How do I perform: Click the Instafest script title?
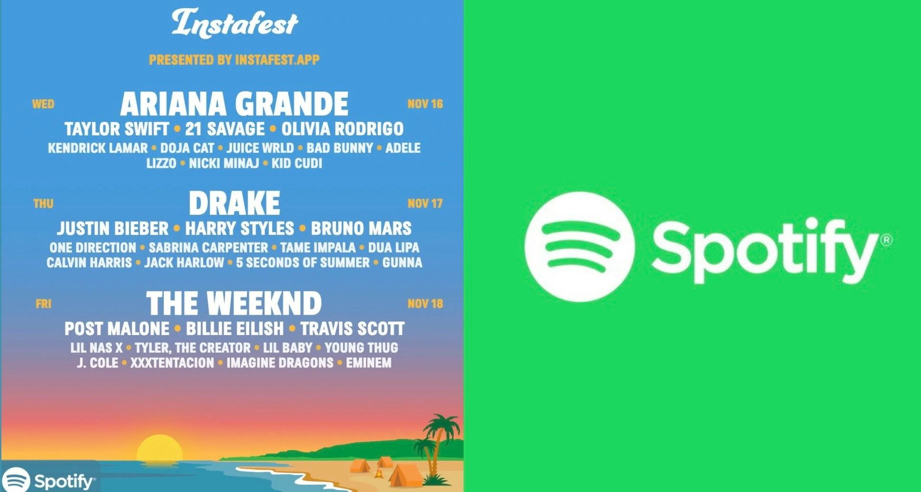click(x=235, y=23)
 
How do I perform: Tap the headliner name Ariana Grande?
click(x=234, y=104)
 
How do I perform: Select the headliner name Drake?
click(x=234, y=203)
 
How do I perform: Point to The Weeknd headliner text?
click(x=234, y=303)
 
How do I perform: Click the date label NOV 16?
click(x=425, y=104)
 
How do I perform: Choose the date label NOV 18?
click(x=425, y=303)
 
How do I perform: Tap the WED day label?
click(x=43, y=104)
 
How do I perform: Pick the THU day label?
click(x=43, y=204)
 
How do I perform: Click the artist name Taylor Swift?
click(x=117, y=129)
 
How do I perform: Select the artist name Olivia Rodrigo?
click(x=342, y=129)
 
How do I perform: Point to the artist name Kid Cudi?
click(x=297, y=163)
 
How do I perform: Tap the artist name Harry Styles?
click(x=239, y=229)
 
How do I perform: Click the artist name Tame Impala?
click(x=318, y=248)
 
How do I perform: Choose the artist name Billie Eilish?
click(x=235, y=329)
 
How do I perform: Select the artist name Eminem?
click(x=369, y=363)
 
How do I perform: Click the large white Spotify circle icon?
click(x=579, y=247)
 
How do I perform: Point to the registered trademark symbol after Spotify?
click(x=887, y=240)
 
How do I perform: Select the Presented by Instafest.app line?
click(x=234, y=60)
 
